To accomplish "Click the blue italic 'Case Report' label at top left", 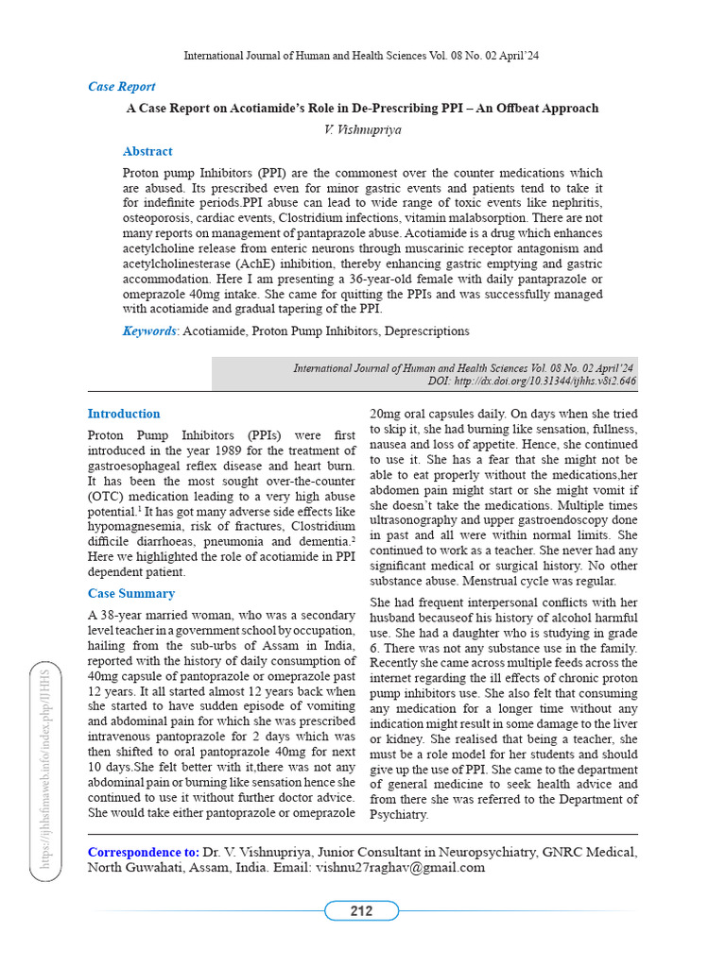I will coord(121,87).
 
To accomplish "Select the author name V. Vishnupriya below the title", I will coord(362,129).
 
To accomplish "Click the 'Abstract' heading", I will coord(147,151).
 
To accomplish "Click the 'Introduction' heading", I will coord(124,414).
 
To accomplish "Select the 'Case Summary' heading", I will coord(130,593).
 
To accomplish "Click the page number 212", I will coord(361,911).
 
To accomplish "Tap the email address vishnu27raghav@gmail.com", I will coord(400,867).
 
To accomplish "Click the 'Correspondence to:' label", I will coord(143,852).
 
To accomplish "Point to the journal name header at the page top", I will coord(362,56).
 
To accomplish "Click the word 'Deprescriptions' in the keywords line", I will coord(423,331).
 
